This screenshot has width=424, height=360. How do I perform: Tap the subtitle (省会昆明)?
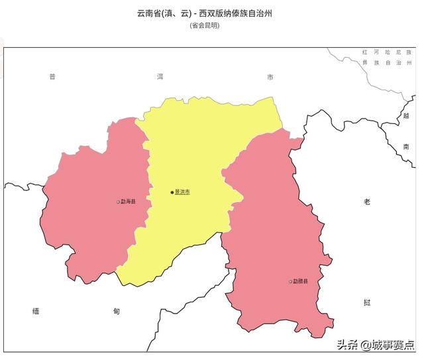[212, 25]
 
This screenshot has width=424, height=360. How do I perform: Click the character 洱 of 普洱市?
[160, 78]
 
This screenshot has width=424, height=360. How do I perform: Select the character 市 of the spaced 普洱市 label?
[270, 78]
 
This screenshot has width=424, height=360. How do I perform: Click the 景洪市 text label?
[182, 192]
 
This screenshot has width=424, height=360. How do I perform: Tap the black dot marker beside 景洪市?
[172, 192]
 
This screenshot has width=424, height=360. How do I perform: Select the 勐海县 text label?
[128, 202]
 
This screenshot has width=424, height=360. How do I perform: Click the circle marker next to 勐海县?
[119, 202]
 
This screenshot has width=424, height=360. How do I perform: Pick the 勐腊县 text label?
[301, 282]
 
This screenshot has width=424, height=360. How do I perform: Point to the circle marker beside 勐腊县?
[290, 282]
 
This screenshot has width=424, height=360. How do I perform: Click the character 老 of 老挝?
[367, 202]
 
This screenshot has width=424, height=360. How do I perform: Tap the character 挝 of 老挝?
[367, 302]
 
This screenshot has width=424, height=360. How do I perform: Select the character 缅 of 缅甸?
[36, 310]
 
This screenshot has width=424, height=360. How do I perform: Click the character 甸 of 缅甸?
[117, 310]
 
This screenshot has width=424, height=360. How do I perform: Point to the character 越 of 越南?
[405, 116]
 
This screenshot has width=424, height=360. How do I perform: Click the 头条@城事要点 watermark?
[376, 345]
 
